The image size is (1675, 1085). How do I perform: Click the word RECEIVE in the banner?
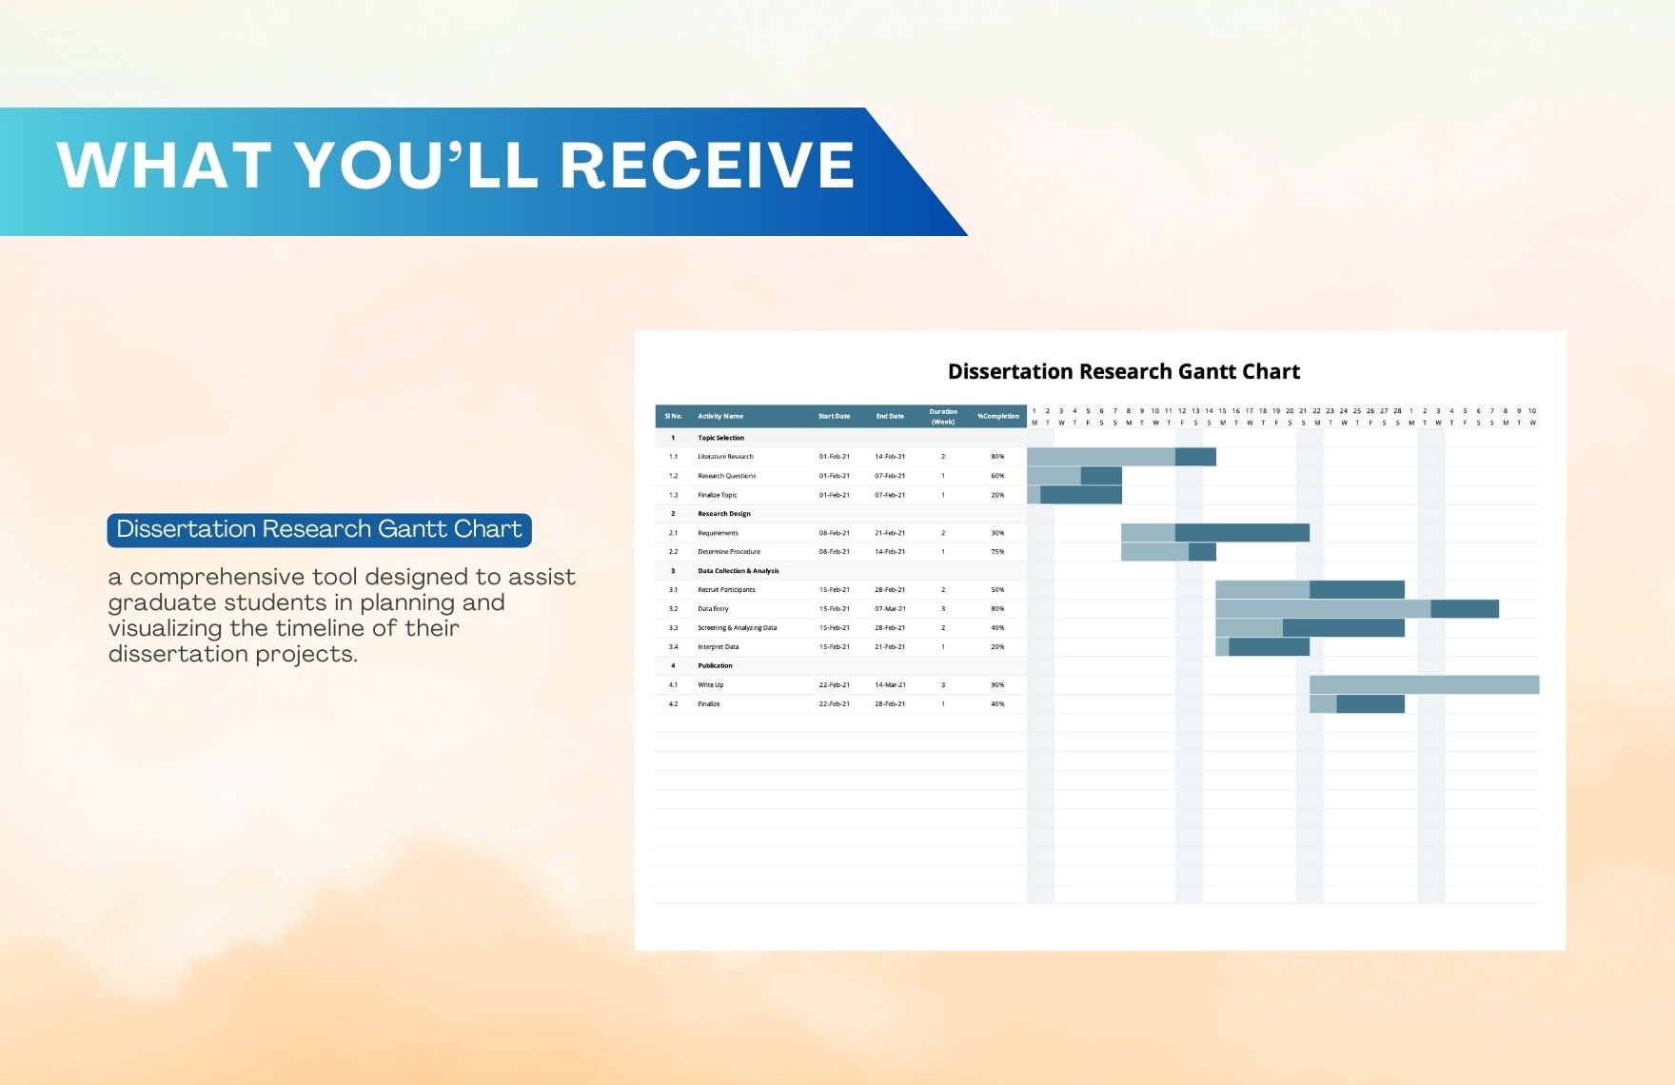(x=707, y=166)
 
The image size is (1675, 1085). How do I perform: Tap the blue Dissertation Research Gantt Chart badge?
(x=319, y=530)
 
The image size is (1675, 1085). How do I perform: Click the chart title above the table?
(x=1124, y=372)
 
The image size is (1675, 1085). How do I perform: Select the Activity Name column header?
(x=720, y=416)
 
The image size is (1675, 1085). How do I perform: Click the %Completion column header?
(x=997, y=416)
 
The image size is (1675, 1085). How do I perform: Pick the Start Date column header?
(x=834, y=416)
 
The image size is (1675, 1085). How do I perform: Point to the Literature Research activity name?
(x=725, y=457)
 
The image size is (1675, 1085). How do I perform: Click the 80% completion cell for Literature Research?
(x=997, y=457)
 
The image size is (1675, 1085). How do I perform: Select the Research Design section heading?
(x=724, y=514)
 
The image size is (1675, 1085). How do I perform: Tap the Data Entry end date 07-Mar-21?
(x=890, y=609)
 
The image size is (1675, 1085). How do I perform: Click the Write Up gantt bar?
(x=1424, y=685)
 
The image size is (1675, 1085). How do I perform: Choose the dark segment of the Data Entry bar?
(x=1465, y=609)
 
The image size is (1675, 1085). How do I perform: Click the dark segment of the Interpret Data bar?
(x=1269, y=647)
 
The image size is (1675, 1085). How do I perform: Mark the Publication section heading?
(x=715, y=666)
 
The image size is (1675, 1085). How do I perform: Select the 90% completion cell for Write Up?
(x=997, y=685)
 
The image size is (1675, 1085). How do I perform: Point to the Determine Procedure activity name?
(x=729, y=552)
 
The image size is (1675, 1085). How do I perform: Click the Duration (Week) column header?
(x=943, y=416)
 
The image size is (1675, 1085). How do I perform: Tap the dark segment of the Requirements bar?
(x=1242, y=533)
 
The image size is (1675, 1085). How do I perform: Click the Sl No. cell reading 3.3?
(x=673, y=628)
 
